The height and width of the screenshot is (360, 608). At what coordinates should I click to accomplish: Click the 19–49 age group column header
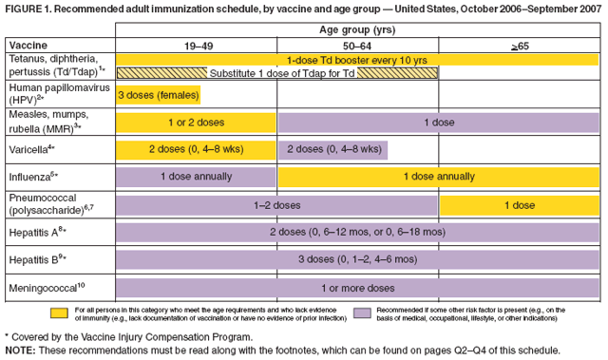[197, 45]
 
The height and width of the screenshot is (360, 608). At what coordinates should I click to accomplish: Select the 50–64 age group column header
[357, 45]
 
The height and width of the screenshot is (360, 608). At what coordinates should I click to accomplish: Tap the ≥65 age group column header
[518, 45]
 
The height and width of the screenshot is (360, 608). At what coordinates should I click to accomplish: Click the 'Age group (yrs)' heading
[357, 28]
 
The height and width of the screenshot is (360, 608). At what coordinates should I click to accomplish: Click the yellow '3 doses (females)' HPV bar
[159, 95]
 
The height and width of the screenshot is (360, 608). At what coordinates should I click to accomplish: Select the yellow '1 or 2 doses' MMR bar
[197, 122]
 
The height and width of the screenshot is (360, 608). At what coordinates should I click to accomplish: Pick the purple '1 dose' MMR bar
[438, 122]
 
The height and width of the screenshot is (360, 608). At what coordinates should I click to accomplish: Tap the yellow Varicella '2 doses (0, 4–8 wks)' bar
[197, 149]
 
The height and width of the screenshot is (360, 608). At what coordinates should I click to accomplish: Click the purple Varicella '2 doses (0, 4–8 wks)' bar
[333, 149]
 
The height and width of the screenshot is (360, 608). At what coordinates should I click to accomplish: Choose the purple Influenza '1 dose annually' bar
[197, 177]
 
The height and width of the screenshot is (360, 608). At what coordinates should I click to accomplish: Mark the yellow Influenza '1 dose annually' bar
[438, 177]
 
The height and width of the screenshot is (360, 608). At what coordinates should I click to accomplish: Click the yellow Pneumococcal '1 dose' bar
[519, 204]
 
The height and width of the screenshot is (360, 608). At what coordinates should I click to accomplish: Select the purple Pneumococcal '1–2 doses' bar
[277, 204]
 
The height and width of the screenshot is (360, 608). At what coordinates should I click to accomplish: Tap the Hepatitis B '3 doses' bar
[357, 259]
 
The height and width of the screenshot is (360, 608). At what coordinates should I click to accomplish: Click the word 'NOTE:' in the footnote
[21, 351]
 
